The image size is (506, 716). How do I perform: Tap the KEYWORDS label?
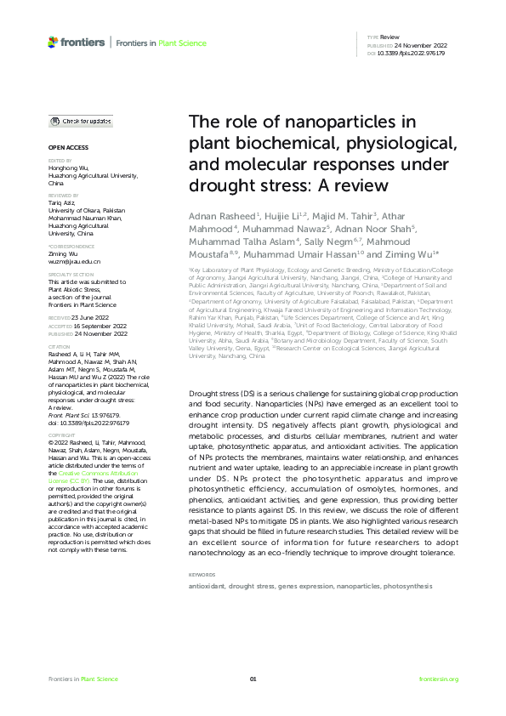(203, 576)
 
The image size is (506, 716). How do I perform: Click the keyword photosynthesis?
(407, 586)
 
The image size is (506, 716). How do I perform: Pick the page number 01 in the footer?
(253, 679)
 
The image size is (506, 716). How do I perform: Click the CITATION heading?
(59, 347)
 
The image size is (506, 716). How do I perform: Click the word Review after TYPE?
(389, 38)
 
